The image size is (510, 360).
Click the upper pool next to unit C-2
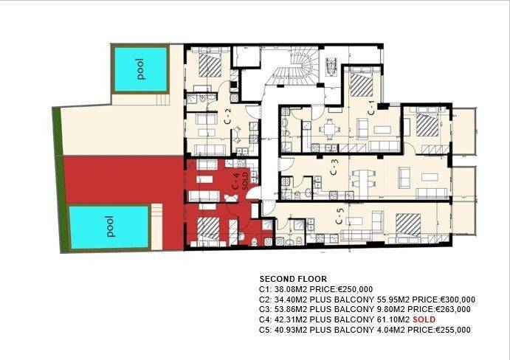[x=140, y=69]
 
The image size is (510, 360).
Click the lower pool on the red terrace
[x=108, y=227]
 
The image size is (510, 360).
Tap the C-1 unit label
[x=371, y=108]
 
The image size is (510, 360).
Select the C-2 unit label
[x=228, y=116]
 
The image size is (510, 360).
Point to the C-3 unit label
[x=334, y=167]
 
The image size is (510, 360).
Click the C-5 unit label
[x=340, y=216]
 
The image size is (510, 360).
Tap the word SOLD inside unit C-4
[x=245, y=181]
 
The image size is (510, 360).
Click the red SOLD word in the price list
[x=424, y=319]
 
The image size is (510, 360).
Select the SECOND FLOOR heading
[x=293, y=279]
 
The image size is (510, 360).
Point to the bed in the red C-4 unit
[x=208, y=229]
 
